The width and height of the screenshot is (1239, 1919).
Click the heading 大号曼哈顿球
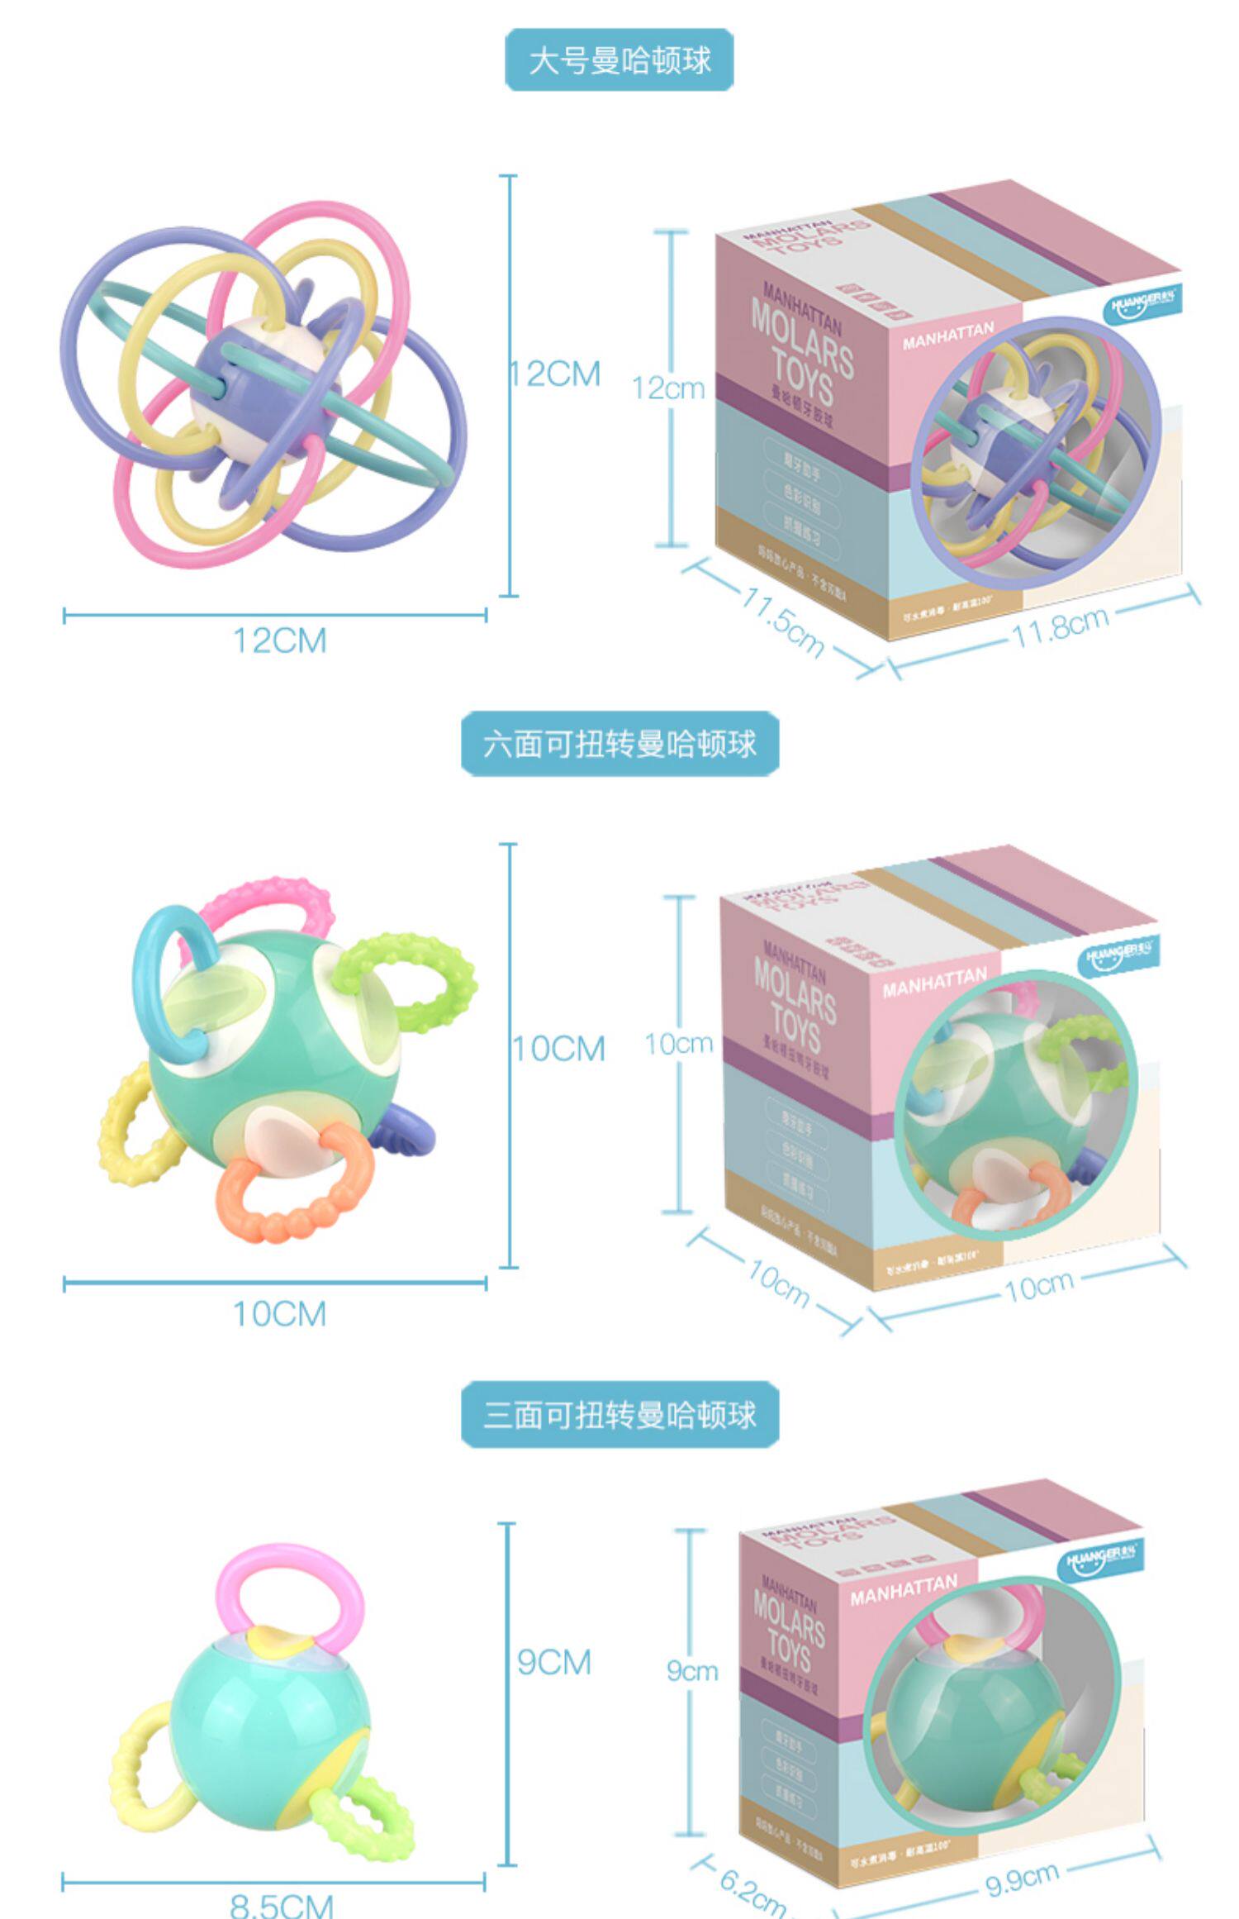(619, 60)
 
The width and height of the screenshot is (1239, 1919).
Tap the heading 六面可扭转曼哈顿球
(619, 744)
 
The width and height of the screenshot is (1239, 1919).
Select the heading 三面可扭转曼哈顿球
(619, 1414)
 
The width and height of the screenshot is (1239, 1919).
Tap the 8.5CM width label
(281, 1904)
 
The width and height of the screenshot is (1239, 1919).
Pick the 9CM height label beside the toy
(554, 1661)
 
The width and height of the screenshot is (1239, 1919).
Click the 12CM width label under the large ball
(280, 640)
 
